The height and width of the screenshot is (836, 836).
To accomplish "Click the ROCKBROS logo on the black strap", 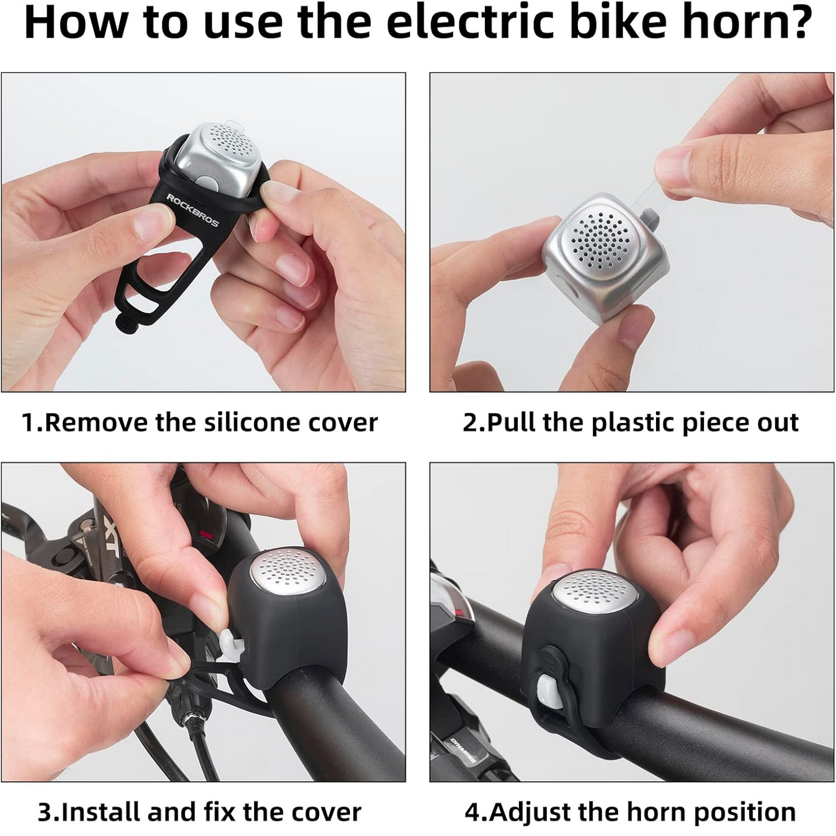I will [x=193, y=210].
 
